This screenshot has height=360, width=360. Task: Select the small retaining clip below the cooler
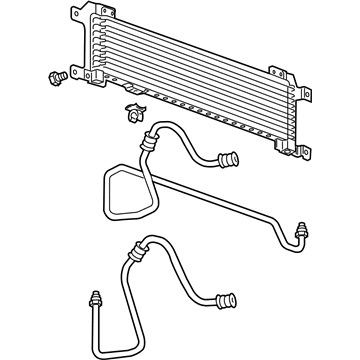point(131,112)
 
